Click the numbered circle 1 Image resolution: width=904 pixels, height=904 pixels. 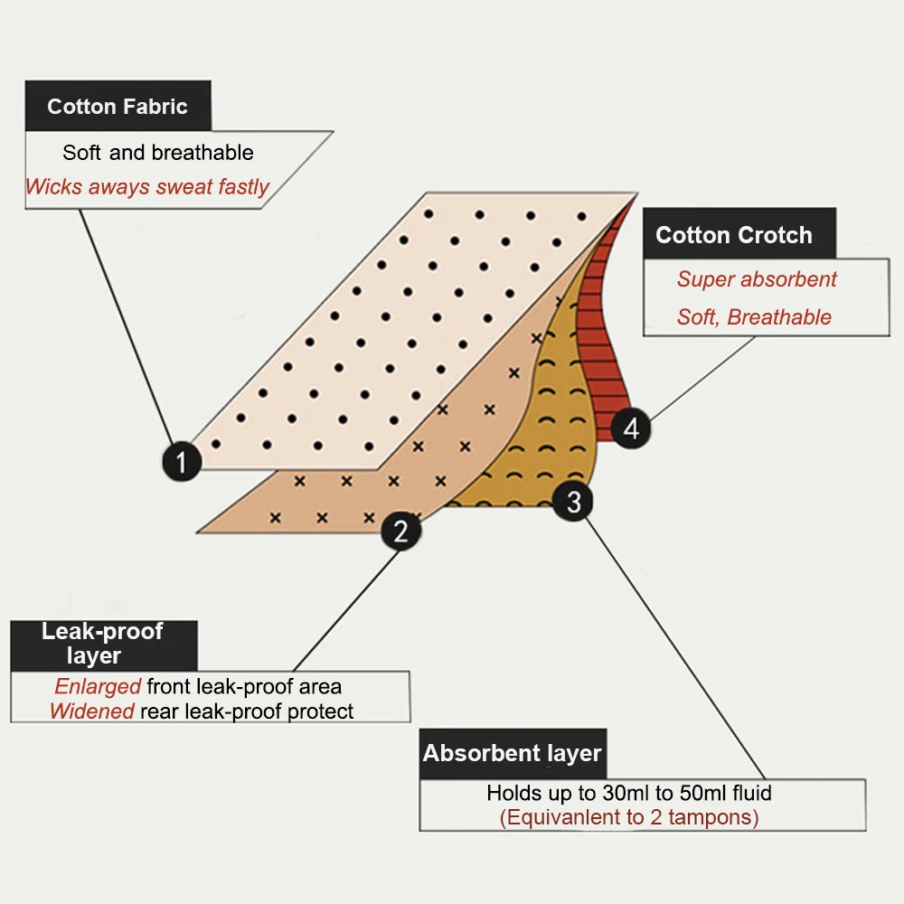pos(182,462)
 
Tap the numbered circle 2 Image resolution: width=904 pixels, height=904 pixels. pos(400,531)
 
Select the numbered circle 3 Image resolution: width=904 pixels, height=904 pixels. pos(573,501)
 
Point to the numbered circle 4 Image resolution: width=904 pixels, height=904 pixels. pos(631,427)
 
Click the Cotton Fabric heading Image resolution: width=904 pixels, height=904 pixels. pos(118,107)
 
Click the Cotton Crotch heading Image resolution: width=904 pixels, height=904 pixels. pos(734,235)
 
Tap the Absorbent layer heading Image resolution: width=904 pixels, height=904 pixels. pos(512,753)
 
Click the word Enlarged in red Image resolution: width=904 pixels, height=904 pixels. pos(98,686)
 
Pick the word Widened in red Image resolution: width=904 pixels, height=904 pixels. pos(92,711)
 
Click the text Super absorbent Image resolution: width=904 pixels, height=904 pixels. pos(758,279)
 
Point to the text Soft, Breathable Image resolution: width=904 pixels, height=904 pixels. pos(754,317)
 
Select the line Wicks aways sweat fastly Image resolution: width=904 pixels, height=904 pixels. pos(147,187)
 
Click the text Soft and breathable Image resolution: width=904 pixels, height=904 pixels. pos(158,153)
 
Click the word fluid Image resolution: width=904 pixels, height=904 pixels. pos(750,794)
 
